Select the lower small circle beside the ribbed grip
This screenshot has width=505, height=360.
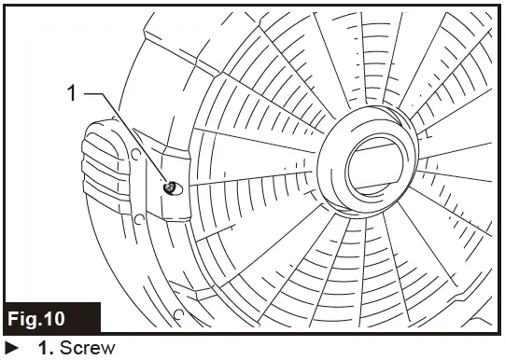point(139,222)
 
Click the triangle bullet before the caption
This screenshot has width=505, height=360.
point(11,349)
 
